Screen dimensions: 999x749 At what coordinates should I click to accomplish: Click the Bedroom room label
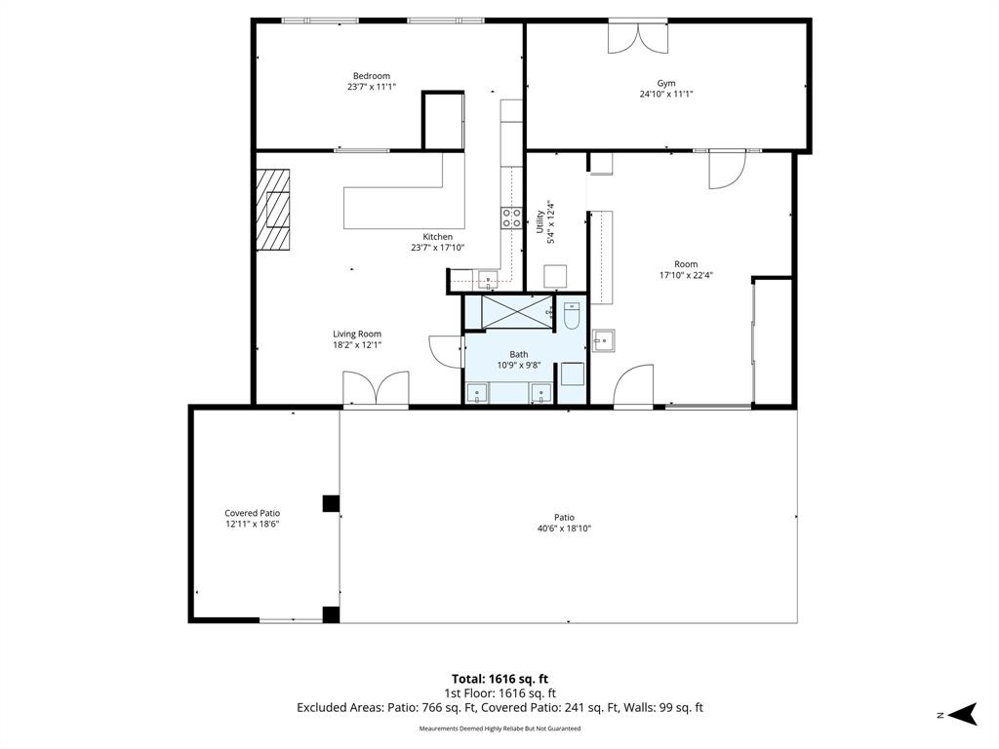(x=372, y=76)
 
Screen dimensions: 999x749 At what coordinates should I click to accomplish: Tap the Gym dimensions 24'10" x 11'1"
(x=666, y=94)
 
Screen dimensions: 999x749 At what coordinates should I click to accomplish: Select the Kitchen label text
(x=438, y=237)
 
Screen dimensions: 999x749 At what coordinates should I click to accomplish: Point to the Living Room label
(x=357, y=334)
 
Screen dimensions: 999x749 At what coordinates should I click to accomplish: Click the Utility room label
(x=540, y=221)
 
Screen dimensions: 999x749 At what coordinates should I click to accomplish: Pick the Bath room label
(x=519, y=354)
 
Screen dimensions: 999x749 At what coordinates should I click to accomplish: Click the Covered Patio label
(x=253, y=513)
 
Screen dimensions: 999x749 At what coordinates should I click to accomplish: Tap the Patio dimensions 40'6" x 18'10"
(x=565, y=528)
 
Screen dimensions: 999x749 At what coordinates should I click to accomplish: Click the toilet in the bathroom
(x=572, y=316)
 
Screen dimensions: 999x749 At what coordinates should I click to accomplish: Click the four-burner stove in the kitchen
(x=511, y=217)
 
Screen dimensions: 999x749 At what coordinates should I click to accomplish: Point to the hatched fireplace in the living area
(x=273, y=211)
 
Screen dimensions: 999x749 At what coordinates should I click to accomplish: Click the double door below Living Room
(x=376, y=388)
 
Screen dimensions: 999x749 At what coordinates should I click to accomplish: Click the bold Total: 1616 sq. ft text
(x=499, y=679)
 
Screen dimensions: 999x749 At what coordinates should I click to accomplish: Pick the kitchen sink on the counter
(x=488, y=278)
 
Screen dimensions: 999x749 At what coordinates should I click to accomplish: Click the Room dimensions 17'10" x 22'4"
(x=686, y=275)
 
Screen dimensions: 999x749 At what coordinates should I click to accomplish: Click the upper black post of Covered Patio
(x=331, y=503)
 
